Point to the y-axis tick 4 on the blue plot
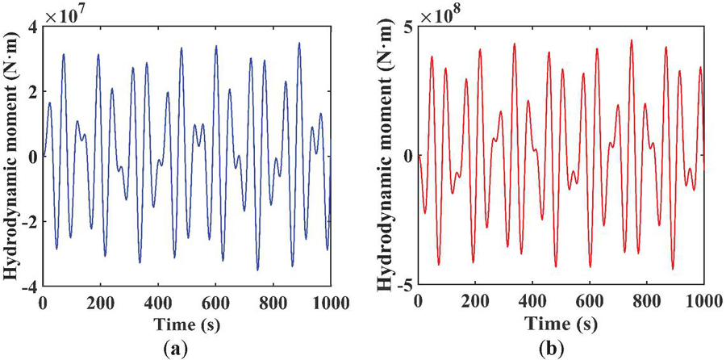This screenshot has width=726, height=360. pyautogui.click(x=32, y=27)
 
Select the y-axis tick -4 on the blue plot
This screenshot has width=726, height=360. pyautogui.click(x=29, y=287)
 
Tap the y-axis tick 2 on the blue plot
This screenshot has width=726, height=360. pyautogui.click(x=32, y=92)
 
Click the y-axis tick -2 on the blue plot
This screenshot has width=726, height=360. pyautogui.click(x=29, y=222)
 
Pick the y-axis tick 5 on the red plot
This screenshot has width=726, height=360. pyautogui.click(x=408, y=27)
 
